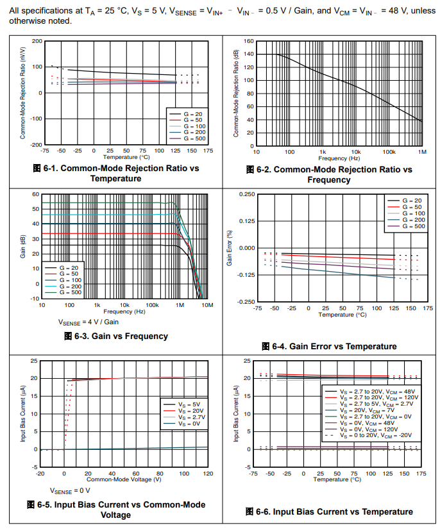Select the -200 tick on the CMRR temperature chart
pyautogui.click(x=36, y=145)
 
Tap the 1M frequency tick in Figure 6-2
pyautogui.click(x=421, y=151)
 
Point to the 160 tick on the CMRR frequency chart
pyautogui.click(x=249, y=41)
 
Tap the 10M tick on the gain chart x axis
pyautogui.click(x=207, y=305)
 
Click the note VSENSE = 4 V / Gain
pyautogui.click(x=89, y=322)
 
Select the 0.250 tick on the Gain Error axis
pyautogui.click(x=246, y=194)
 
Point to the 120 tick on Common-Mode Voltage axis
pyautogui.click(x=207, y=474)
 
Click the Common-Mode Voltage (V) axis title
pyautogui.click(x=123, y=479)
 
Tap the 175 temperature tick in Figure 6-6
pyautogui.click(x=421, y=474)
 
